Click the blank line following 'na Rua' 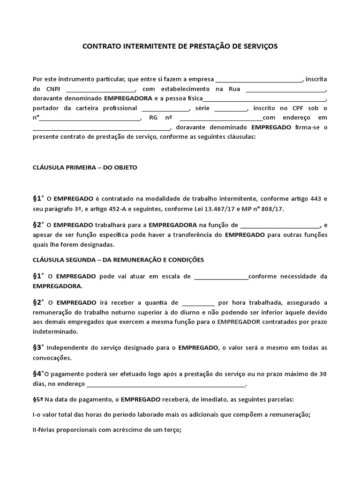tap(285, 89)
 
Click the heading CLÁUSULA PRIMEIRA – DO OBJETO tap(85, 167)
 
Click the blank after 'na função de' tap(280, 225)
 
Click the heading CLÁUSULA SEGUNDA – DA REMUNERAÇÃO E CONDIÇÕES tap(118, 259)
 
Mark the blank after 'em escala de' tap(221, 277)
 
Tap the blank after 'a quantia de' tap(197, 303)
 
